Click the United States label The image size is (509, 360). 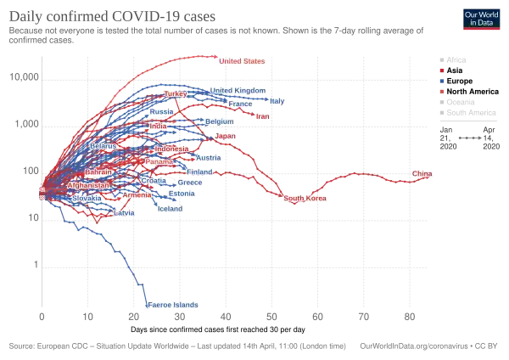pyautogui.click(x=242, y=62)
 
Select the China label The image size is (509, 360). pyautogui.click(x=422, y=174)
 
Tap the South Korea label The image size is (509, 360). pyautogui.click(x=305, y=199)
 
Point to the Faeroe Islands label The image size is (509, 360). pyautogui.click(x=172, y=304)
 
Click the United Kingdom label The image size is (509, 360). pyautogui.click(x=238, y=91)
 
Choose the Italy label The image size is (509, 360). pyautogui.click(x=277, y=101)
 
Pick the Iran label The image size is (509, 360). pyautogui.click(x=262, y=116)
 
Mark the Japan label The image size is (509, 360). pyautogui.click(x=225, y=136)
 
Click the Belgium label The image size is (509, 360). pyautogui.click(x=219, y=121)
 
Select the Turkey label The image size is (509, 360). pyautogui.click(x=175, y=93)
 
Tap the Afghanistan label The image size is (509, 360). pyautogui.click(x=88, y=185)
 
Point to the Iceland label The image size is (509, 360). pyautogui.click(x=170, y=208)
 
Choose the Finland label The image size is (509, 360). pyautogui.click(x=200, y=172)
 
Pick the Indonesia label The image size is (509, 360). pyautogui.click(x=171, y=149)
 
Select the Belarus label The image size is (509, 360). pyautogui.click(x=103, y=146)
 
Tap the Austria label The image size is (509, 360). pyautogui.click(x=208, y=158)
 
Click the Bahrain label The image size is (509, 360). pyautogui.click(x=99, y=172)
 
